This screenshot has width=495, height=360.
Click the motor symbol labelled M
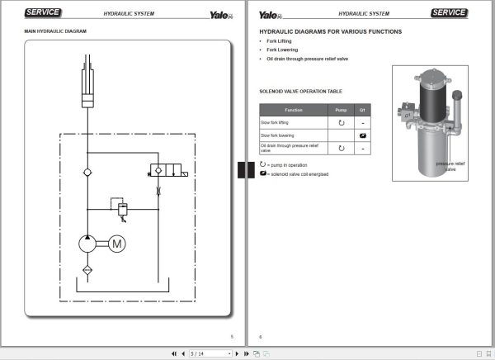pos(116,244)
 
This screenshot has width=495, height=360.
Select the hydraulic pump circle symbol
pos(88,244)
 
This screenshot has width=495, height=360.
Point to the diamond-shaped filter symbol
pos(88,270)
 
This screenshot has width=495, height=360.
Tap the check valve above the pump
pos(88,171)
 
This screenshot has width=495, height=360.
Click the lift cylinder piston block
pos(88,101)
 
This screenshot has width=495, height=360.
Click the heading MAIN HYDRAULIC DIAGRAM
pos(55,31)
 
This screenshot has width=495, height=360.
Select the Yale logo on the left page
pos(219,14)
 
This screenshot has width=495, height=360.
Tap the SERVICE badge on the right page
pos(449,13)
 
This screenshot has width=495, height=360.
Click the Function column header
pos(294,110)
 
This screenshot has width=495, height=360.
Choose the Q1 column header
pos(361,110)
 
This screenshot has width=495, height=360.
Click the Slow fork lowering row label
pos(277,135)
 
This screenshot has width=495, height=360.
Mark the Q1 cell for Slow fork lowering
pos(361,135)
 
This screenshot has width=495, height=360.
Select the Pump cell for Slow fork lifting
pos(341,122)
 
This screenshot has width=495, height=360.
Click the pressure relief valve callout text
pos(451,167)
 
